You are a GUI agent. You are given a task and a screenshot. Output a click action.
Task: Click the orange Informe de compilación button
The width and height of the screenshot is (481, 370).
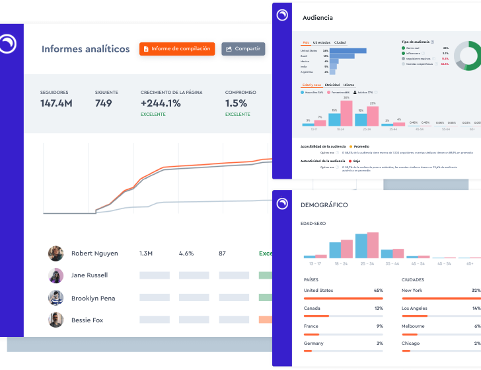pos(177,49)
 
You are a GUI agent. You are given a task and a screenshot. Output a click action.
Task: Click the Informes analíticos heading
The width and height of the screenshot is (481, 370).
pos(86,49)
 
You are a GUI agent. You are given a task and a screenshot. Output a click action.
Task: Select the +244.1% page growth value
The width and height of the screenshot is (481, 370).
pos(161,103)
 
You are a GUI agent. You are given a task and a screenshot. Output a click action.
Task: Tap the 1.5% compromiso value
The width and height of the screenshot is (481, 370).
pos(236,103)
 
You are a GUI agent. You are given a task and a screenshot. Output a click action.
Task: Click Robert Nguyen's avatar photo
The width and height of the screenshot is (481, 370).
pos(55,254)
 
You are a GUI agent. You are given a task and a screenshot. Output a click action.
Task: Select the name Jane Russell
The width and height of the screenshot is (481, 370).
pos(89,275)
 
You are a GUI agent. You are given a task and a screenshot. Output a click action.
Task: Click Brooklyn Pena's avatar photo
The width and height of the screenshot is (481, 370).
pos(55,298)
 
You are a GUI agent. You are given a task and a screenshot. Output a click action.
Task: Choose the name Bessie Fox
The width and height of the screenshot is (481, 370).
pos(87,320)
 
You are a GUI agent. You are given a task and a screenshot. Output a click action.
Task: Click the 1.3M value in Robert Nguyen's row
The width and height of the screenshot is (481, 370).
pos(146,254)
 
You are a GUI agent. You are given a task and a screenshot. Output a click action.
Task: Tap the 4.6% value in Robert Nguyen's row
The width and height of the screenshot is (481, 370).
pos(186,254)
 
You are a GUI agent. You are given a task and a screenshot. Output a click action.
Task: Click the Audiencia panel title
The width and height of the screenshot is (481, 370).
pos(317,18)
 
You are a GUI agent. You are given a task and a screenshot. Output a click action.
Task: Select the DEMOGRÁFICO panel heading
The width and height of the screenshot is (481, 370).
pos(325,205)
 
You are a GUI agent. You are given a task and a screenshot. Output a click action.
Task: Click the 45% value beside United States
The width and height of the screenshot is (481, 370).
pos(378,291)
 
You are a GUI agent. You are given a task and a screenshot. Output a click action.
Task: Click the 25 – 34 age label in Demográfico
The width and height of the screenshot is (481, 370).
pos(367,263)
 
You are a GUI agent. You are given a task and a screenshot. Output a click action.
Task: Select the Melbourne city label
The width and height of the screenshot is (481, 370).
pos(414,326)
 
